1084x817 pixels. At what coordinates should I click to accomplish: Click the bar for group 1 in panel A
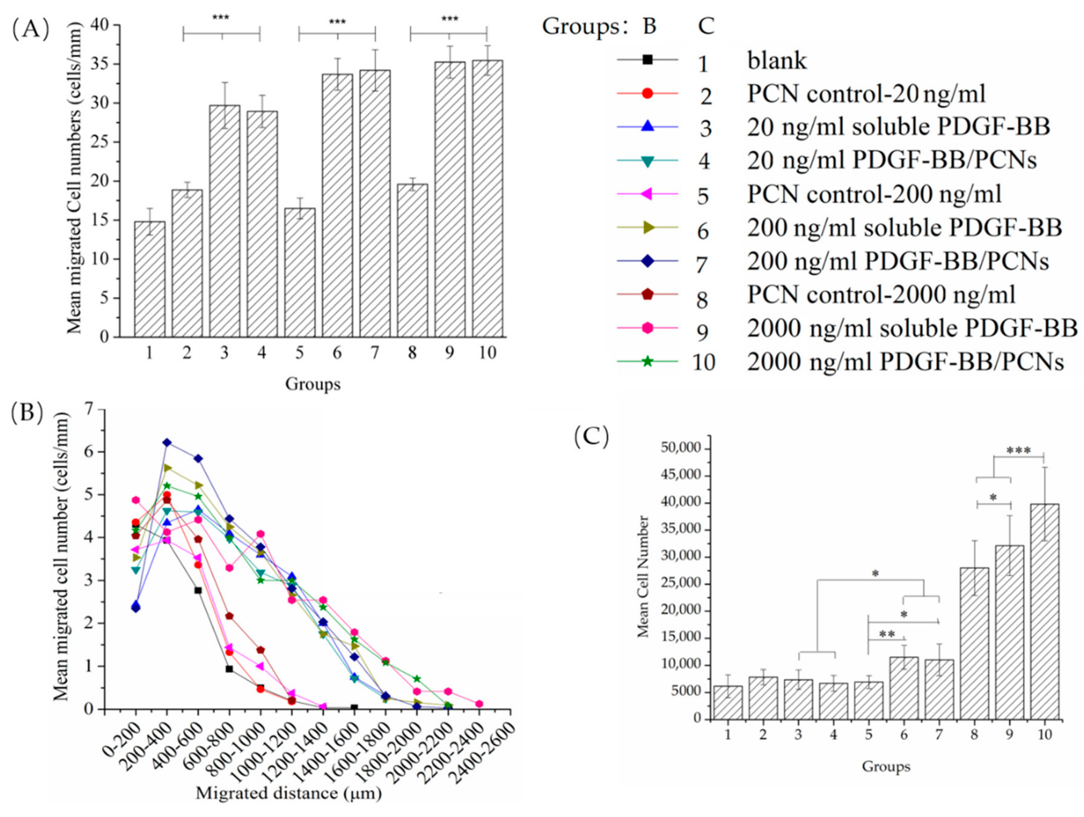(x=150, y=279)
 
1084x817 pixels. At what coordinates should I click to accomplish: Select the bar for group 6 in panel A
(x=337, y=206)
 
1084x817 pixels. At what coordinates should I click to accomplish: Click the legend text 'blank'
(x=777, y=61)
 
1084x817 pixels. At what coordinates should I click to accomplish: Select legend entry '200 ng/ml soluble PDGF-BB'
(x=904, y=228)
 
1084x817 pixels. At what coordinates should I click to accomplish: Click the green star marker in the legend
(x=647, y=362)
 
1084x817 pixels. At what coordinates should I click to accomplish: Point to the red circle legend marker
(x=647, y=93)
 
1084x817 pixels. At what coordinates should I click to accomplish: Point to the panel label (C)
(x=591, y=437)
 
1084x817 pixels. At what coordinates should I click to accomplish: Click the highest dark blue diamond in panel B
(x=167, y=442)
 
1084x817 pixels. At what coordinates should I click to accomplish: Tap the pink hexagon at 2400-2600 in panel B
(x=479, y=704)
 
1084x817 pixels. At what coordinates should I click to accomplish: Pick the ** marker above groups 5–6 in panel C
(x=887, y=634)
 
